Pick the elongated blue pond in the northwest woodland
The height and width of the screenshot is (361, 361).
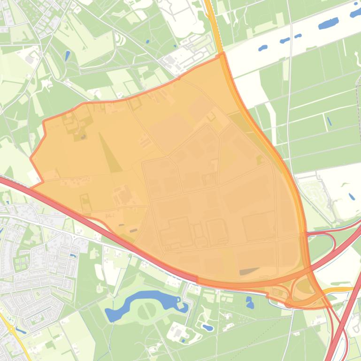67,56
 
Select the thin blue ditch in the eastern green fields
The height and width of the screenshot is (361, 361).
329,121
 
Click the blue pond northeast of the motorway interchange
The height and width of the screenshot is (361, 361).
351,196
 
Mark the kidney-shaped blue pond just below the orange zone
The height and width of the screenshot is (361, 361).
250,303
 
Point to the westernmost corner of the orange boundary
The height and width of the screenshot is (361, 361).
31,158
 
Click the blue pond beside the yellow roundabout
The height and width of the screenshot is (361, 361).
21,330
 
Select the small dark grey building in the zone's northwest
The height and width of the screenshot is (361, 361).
83,137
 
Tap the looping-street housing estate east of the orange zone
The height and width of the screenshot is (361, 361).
319,192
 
